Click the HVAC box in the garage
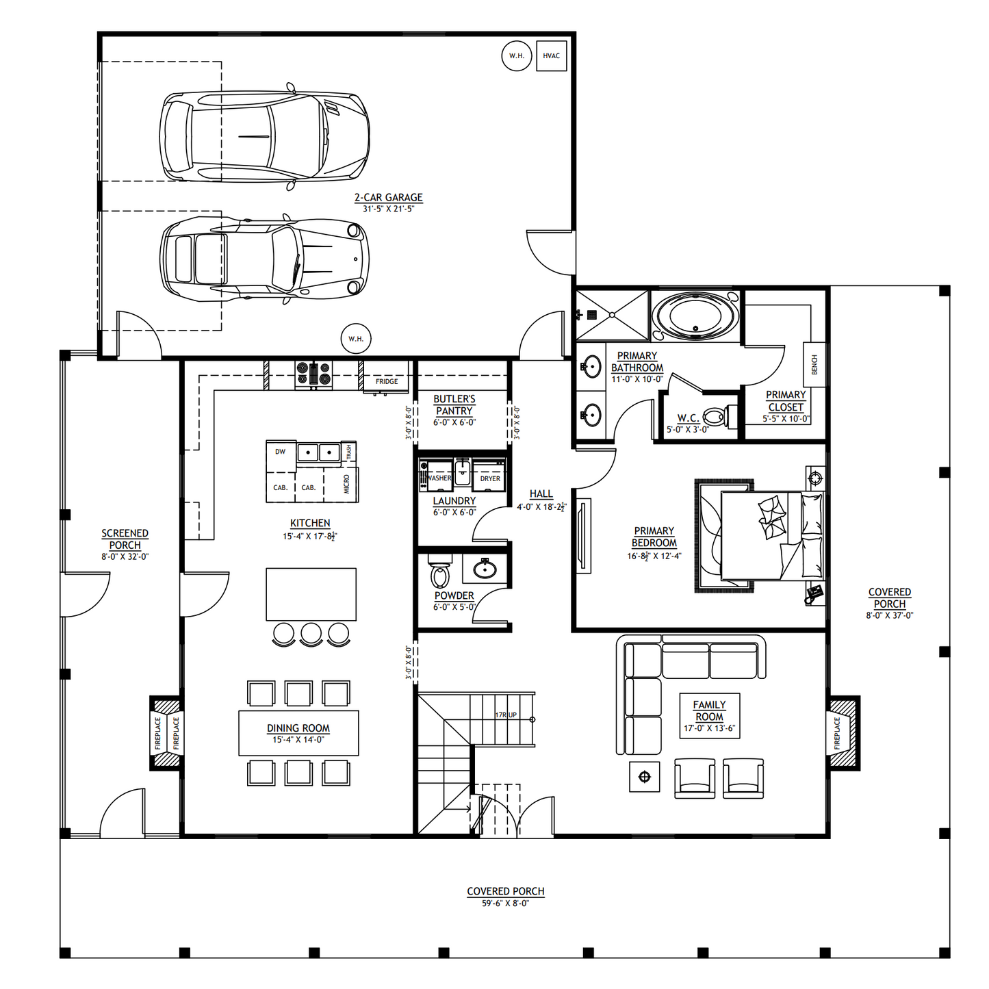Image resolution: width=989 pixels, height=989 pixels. pos(551,56)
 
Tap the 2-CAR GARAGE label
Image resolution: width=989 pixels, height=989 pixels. pos(388,198)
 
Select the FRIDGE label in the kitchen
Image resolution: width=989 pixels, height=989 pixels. pos(387,381)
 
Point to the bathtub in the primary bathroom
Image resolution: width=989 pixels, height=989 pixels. pos(695,316)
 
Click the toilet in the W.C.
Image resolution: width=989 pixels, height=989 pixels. pos(716,416)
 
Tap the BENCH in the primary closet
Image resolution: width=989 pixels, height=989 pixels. pos(814,365)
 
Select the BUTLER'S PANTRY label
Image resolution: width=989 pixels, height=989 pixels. pos(454,404)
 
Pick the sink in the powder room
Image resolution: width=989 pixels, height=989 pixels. pos(485,569)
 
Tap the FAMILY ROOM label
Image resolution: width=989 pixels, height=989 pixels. pos(709,710)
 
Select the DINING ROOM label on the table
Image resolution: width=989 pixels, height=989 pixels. pos(298,728)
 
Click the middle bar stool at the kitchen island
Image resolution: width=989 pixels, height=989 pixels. pos(311,633)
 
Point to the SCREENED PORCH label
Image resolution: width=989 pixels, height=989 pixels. pos(125,539)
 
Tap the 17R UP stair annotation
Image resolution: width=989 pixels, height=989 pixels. pos(506,715)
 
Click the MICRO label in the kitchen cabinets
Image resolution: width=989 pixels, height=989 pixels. pos(347,484)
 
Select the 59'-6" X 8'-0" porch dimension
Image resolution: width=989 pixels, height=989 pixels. pos(505,903)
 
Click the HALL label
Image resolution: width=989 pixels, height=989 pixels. pos(541,494)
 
